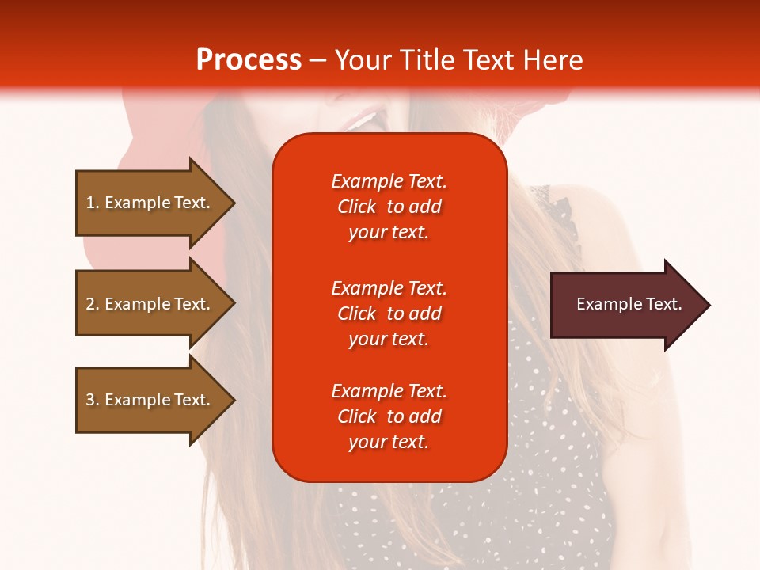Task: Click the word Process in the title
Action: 249,60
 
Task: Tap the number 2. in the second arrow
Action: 93,304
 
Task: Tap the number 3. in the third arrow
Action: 93,400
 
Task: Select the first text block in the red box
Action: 389,207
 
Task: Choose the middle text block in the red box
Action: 389,313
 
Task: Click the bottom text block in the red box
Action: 389,416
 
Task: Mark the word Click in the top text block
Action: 356,207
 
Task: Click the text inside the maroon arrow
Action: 629,304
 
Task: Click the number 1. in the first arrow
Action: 93,203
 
